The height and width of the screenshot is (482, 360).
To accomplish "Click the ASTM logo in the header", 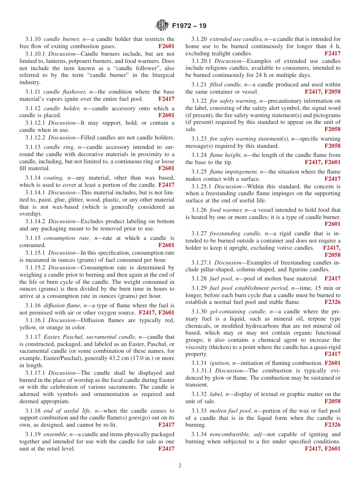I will (162, 26).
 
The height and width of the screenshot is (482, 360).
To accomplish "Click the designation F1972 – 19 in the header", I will (189, 26).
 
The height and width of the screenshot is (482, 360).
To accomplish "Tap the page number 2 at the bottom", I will (180, 466).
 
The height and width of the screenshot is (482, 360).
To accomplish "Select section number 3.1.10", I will (33, 39).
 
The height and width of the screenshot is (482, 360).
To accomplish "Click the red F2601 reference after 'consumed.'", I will (166, 245).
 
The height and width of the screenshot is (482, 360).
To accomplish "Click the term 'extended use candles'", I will (236, 39).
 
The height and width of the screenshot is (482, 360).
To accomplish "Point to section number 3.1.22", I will (199, 101).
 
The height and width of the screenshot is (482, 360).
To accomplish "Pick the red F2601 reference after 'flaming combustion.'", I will (332, 363).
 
